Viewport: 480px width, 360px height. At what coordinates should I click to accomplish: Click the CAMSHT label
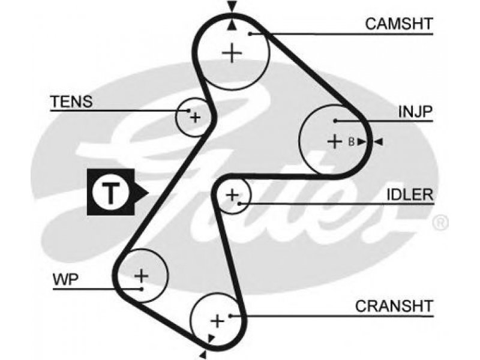[399, 24]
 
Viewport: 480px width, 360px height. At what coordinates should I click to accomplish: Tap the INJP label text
[415, 112]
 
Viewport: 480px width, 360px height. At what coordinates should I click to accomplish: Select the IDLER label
[410, 194]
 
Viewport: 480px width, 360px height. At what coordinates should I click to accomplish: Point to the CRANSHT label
[394, 306]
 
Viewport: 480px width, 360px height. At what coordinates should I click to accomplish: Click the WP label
[66, 279]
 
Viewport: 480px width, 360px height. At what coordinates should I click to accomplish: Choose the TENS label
[71, 101]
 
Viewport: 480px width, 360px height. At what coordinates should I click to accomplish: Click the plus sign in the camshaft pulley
[232, 53]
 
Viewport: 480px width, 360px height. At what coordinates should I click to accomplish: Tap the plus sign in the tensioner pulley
[195, 117]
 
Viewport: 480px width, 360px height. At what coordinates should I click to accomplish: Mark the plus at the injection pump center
[335, 142]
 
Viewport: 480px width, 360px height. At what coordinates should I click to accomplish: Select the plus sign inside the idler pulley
[232, 194]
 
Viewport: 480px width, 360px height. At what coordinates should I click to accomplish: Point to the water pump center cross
[142, 275]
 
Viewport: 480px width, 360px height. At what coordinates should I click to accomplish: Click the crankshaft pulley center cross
[217, 321]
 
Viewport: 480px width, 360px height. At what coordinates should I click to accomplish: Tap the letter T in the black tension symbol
[110, 193]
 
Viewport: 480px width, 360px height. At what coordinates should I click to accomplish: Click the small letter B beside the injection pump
[352, 142]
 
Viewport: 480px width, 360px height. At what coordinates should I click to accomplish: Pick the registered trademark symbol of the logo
[440, 223]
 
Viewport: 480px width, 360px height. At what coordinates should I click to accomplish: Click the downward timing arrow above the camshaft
[232, 6]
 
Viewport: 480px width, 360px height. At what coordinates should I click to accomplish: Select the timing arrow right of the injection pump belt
[379, 142]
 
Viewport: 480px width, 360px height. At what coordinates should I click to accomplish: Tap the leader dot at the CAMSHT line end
[250, 34]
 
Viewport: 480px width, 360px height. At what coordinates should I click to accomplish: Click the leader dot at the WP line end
[142, 289]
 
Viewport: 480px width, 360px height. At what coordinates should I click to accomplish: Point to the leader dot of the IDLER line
[239, 203]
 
